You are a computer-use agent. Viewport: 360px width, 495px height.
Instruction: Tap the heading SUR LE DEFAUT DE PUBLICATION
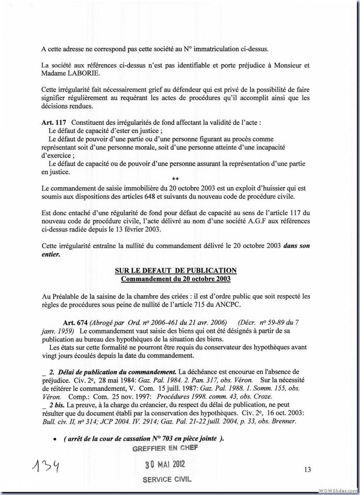pos(176,270)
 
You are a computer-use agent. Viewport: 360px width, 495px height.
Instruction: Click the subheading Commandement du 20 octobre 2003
pos(175,279)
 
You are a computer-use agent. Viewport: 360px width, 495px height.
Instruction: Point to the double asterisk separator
pos(175,179)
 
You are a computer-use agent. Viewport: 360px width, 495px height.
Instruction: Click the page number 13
pos(307,470)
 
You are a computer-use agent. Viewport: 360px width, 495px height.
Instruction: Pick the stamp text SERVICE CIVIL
pos(166,479)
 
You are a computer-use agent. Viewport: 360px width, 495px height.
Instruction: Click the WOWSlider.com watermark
pos(338,490)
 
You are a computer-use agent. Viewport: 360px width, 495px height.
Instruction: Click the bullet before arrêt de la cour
pos(54,439)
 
